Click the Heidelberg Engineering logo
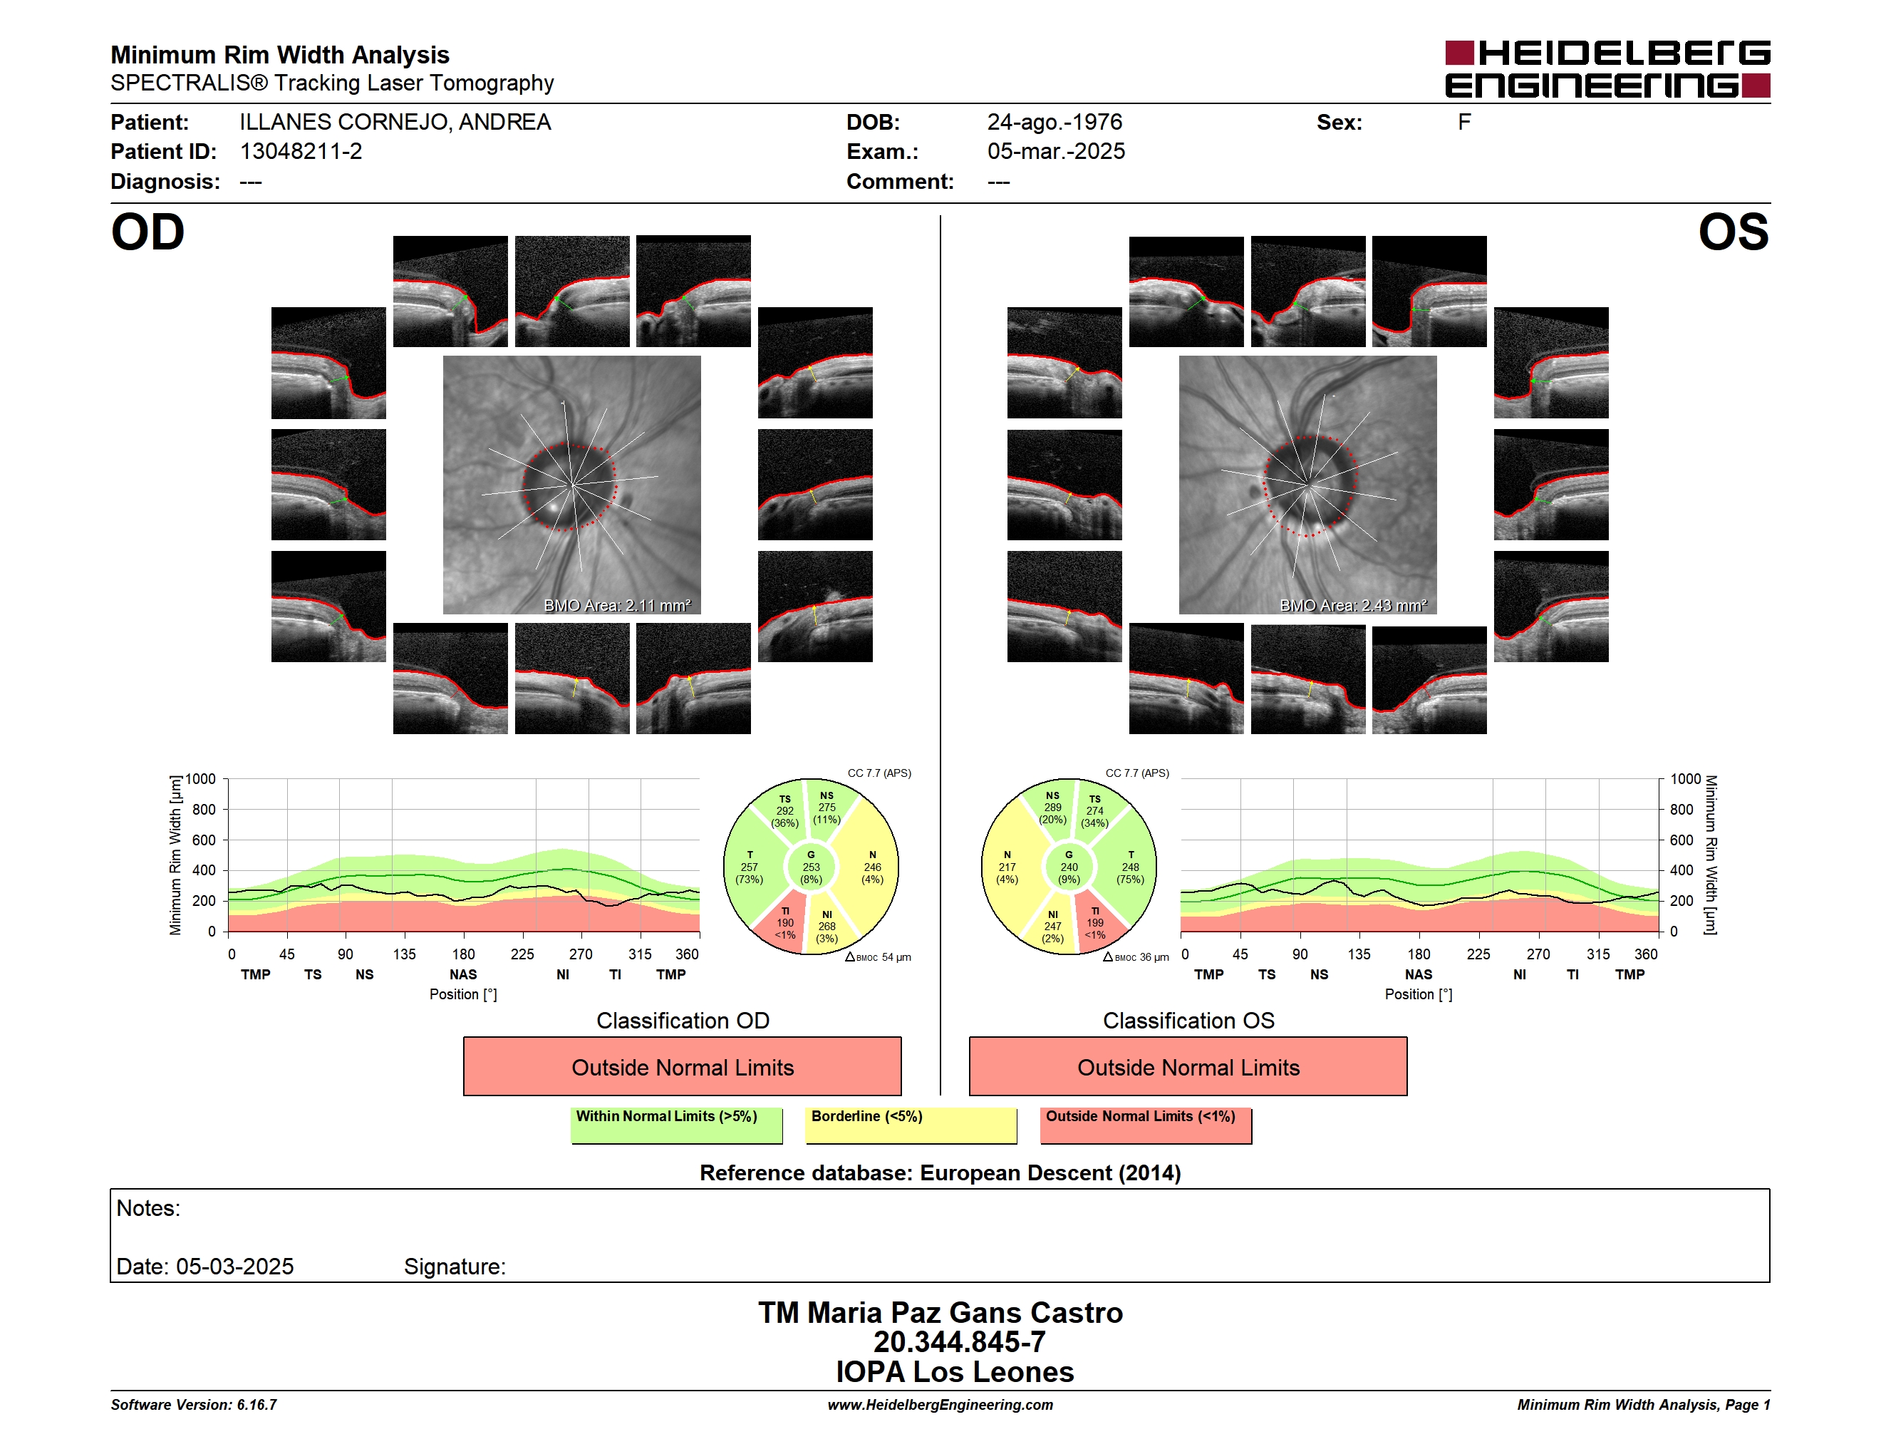(x=1607, y=69)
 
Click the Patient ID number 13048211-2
(x=301, y=152)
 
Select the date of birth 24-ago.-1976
(x=1054, y=123)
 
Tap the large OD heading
(x=147, y=232)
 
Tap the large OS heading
(x=1733, y=232)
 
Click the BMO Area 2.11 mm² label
(x=616, y=606)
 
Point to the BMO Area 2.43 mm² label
(x=1352, y=606)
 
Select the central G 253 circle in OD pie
(x=810, y=867)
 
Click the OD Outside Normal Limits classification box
(x=682, y=1066)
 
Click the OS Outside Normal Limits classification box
(x=1188, y=1066)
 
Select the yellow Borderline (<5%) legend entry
(x=911, y=1125)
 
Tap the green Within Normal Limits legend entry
(x=676, y=1125)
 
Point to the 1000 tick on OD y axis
(x=201, y=780)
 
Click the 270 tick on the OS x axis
(x=1538, y=954)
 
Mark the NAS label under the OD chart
(x=463, y=974)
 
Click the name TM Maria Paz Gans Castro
(x=940, y=1313)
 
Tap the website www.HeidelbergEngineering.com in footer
(x=940, y=1405)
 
